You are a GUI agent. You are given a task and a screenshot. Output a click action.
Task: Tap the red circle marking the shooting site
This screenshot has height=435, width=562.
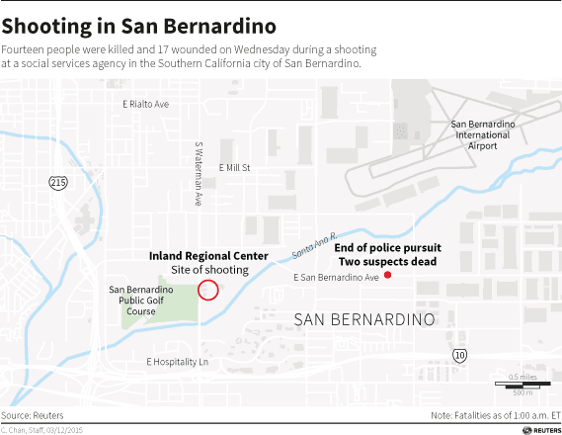(x=208, y=290)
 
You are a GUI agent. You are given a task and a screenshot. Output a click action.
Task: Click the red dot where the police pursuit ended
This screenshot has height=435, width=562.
(x=387, y=275)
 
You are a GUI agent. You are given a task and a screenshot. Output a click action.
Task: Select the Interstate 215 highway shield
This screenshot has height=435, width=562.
(x=58, y=183)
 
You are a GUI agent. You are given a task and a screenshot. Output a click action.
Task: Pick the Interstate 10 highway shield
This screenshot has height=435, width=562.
(x=460, y=355)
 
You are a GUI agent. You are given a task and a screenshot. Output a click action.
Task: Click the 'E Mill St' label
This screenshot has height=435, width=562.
(x=235, y=168)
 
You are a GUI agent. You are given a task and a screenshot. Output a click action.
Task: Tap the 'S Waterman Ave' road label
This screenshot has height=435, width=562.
(x=199, y=173)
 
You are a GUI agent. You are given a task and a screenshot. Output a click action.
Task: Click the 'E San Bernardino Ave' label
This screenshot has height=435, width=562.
(x=337, y=279)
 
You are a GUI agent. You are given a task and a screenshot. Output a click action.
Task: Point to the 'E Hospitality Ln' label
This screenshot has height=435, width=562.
(x=177, y=362)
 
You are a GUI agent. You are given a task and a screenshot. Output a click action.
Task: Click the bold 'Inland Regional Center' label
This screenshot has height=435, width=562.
(x=208, y=255)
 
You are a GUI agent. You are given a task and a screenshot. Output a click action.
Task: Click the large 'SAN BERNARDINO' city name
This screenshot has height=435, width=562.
(x=364, y=320)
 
